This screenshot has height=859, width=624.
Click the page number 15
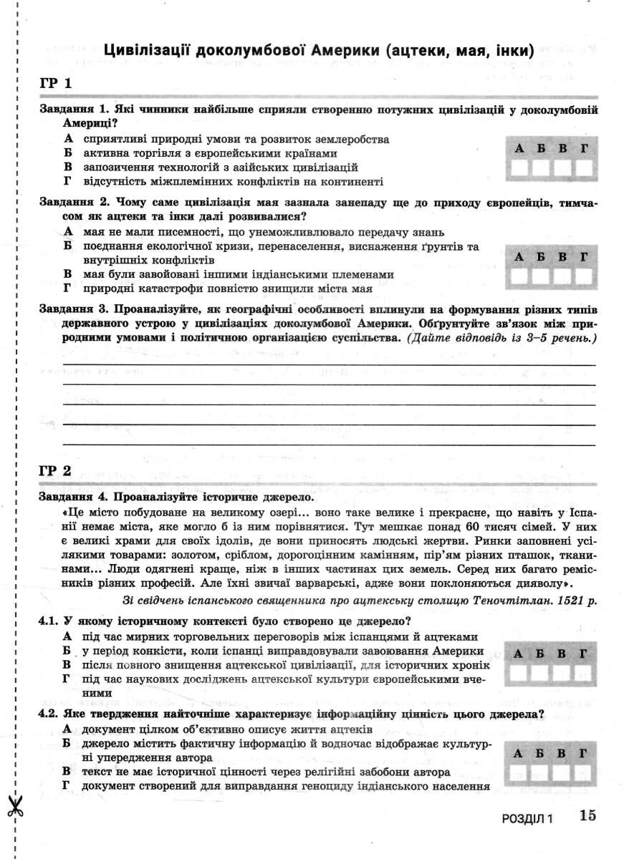coord(588,815)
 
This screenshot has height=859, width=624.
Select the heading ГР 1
coord(55,84)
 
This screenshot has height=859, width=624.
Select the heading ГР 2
coord(55,471)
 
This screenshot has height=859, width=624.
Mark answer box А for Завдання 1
coord(521,169)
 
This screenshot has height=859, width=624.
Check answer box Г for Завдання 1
coord(585,169)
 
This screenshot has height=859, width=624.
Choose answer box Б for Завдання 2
coord(542,276)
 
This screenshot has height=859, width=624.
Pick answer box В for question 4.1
coord(563,674)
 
